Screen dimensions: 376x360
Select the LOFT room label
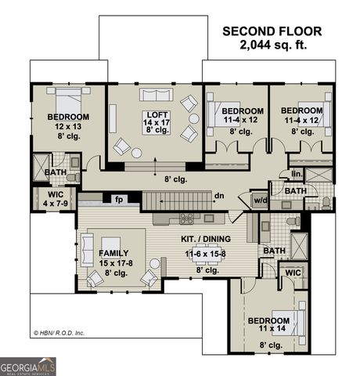click(155, 114)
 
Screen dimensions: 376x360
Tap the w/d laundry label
click(259, 201)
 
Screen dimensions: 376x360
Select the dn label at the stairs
click(220, 196)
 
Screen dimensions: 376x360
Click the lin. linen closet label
click(296, 174)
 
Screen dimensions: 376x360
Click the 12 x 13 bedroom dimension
click(68, 126)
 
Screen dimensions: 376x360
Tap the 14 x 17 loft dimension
click(155, 123)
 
